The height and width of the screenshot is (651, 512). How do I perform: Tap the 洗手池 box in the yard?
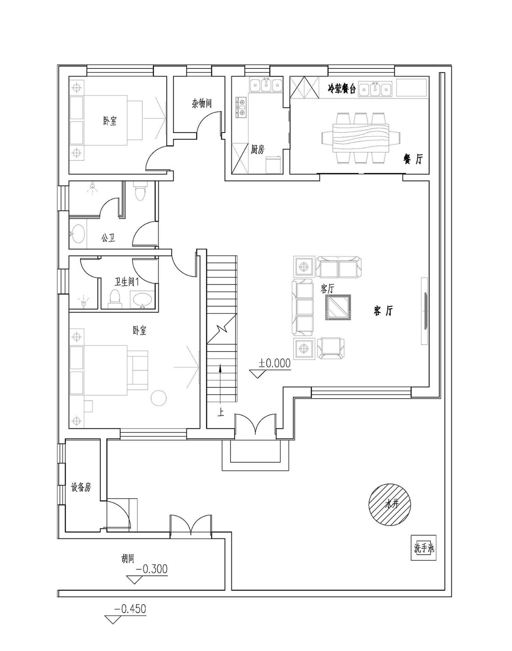pos(423,548)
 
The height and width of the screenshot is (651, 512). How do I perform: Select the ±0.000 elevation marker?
pos(275,363)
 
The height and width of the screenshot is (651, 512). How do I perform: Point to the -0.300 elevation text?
pos(151,569)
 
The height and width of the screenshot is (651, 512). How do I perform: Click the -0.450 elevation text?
pos(130,609)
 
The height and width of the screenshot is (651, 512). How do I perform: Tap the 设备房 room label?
pos(81,487)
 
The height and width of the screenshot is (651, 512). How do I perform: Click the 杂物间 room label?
pos(202,103)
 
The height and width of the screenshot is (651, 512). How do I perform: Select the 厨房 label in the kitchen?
pos(257,149)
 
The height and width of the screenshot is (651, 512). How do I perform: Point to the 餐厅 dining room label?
pos(413,159)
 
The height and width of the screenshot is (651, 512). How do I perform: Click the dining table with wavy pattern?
pos(361,138)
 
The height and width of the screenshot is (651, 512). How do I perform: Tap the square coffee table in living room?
pos(337,307)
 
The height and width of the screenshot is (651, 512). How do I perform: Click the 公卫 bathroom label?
pos(108,238)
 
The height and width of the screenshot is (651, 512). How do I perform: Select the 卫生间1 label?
pos(127,282)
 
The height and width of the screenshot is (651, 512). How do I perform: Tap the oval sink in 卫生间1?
pos(142,300)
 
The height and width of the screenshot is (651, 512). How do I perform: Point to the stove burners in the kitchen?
pos(241,107)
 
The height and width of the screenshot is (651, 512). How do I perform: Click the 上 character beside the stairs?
pos(220,413)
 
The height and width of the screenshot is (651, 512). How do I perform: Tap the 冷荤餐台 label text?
pos(341,90)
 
